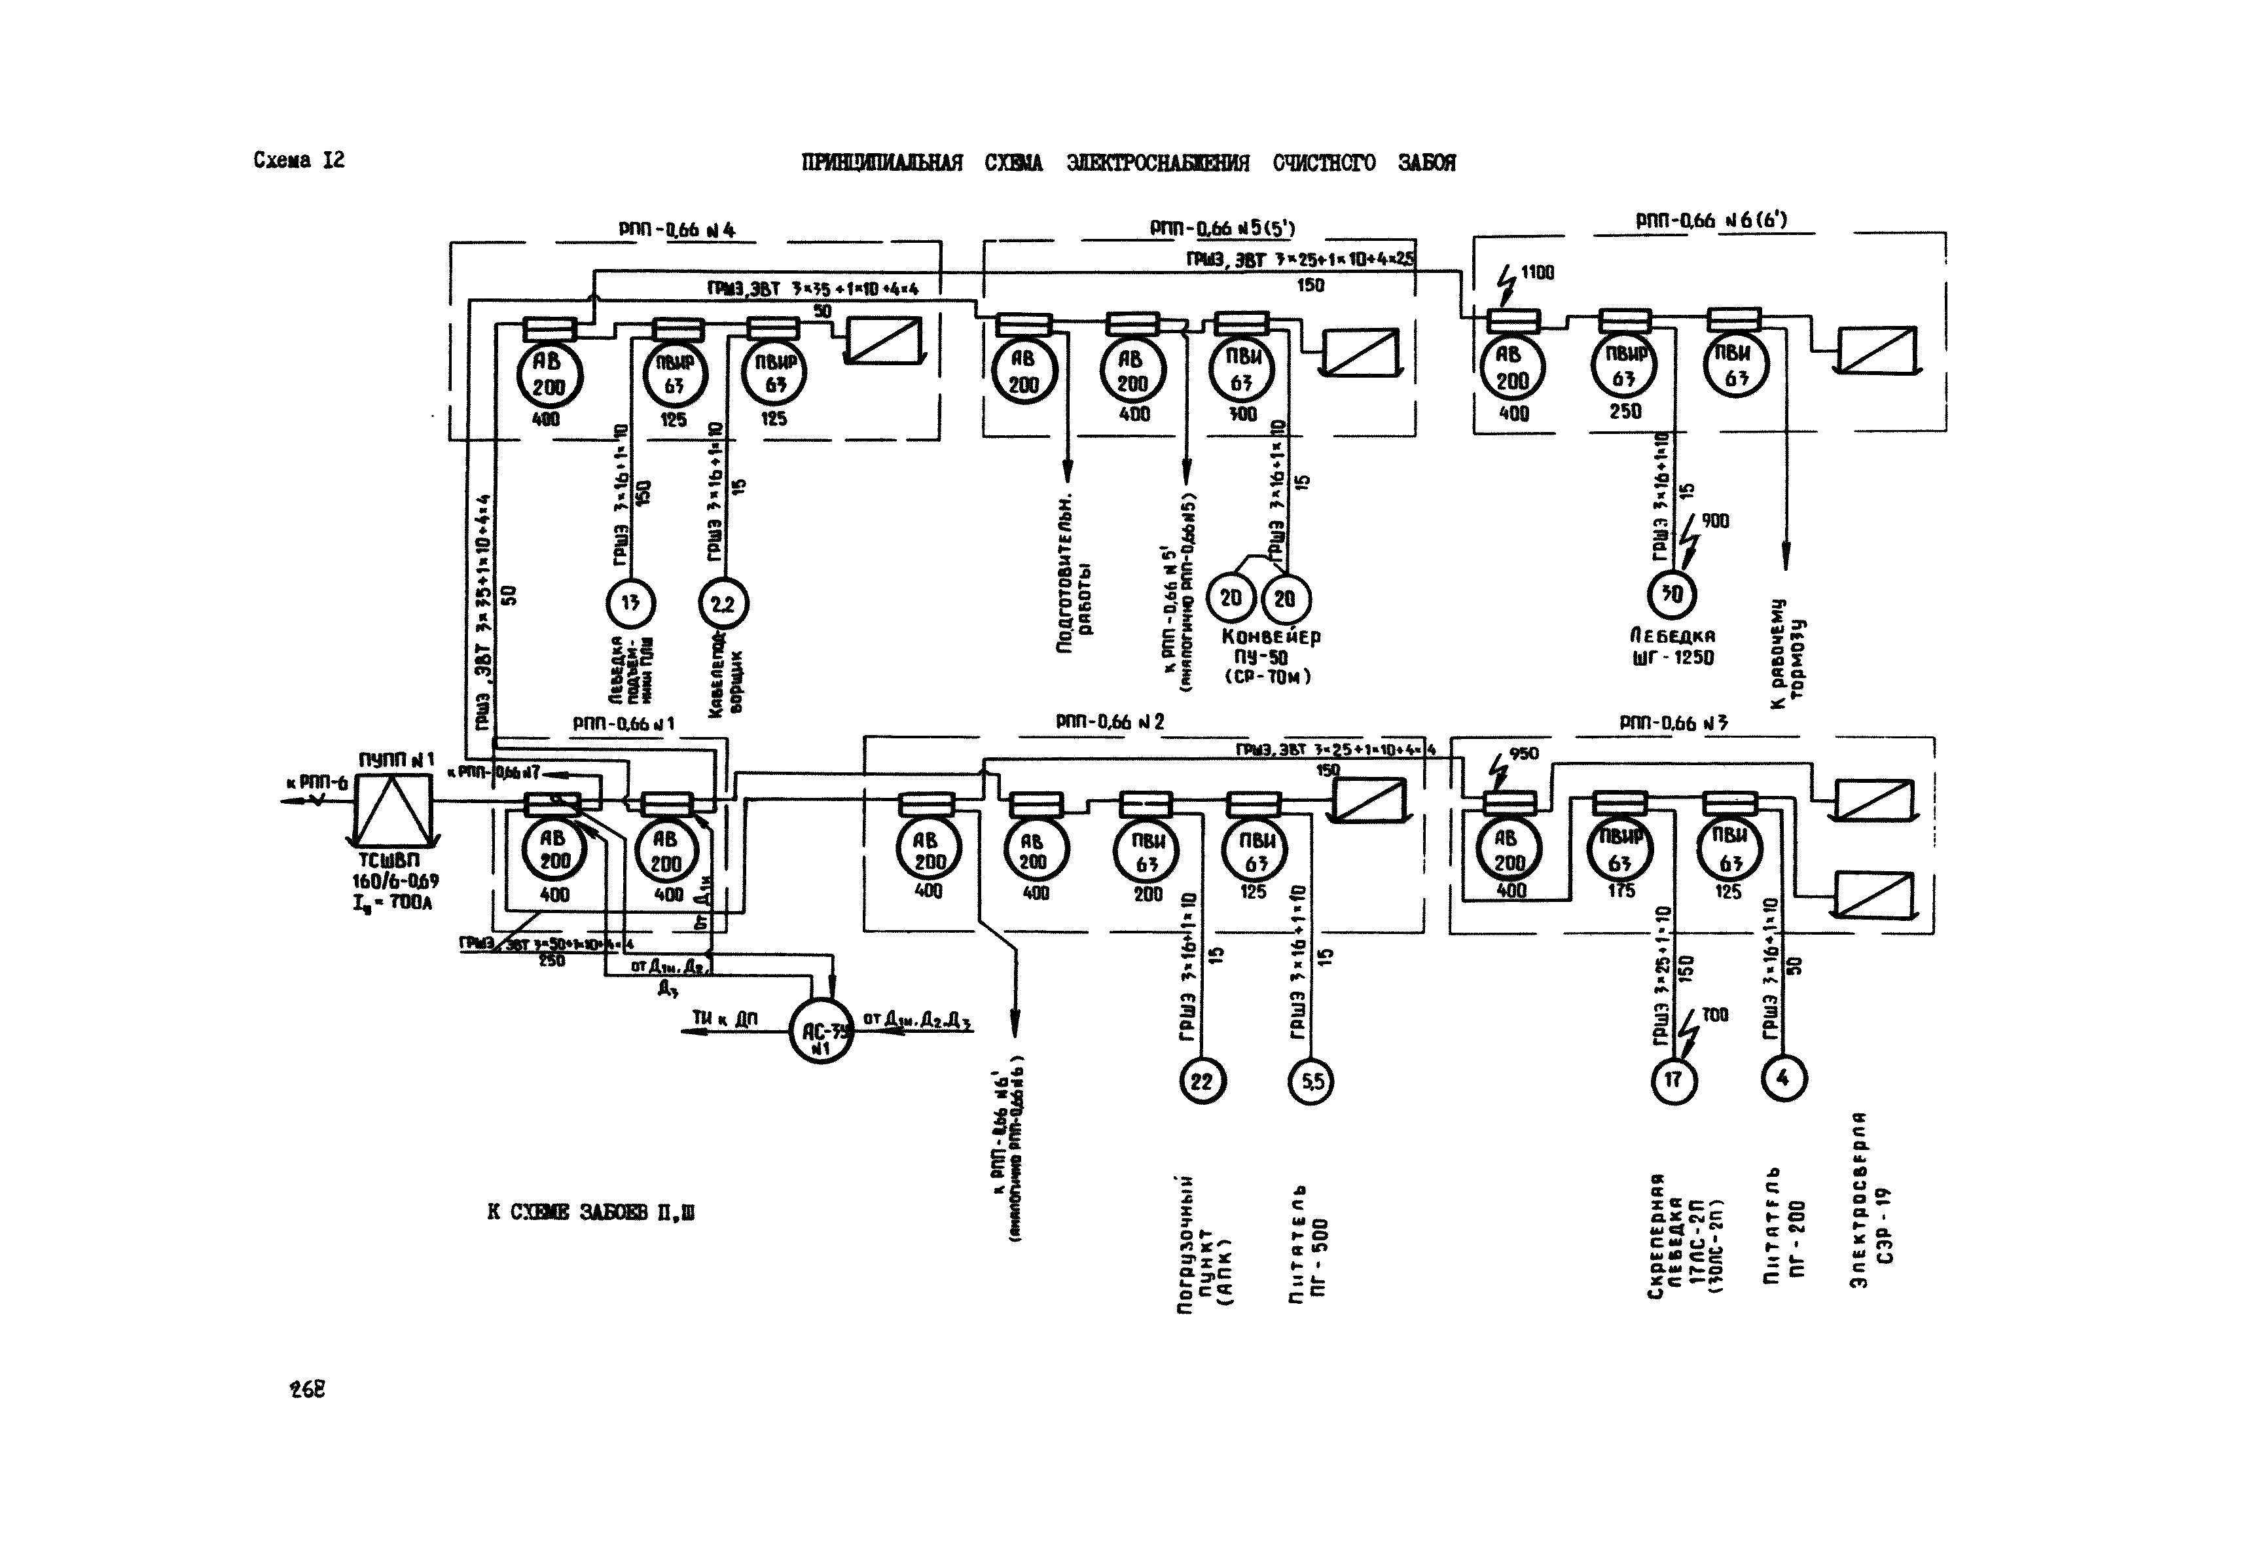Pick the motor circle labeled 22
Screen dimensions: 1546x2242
coord(1201,1080)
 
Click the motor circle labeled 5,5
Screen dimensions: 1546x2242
coord(1311,1080)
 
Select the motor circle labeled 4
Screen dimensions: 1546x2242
coord(1784,1077)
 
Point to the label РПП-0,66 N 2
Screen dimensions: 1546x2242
coord(1110,722)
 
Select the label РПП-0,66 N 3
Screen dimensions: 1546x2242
coord(1674,723)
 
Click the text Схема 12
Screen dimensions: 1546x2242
coord(298,161)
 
